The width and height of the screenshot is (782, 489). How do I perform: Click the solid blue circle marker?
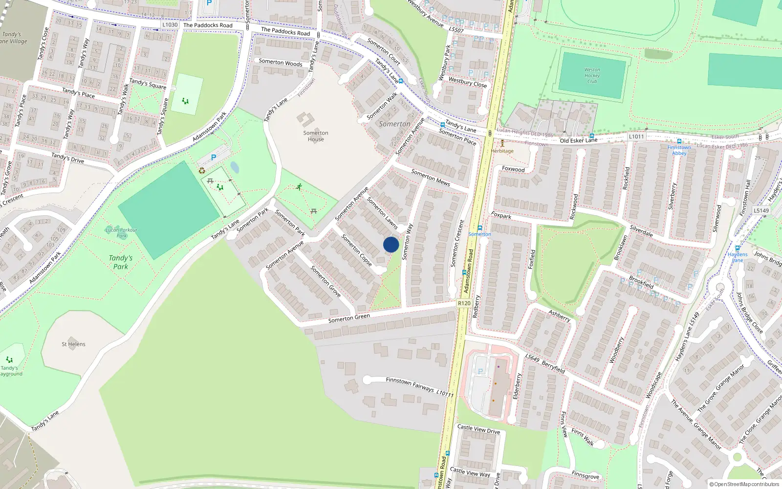[391, 244]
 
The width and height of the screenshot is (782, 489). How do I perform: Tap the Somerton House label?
[316, 136]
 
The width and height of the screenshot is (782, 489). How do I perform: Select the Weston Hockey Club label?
[592, 76]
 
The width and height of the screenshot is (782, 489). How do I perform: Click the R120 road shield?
[464, 303]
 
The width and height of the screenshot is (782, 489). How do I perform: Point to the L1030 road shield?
[170, 24]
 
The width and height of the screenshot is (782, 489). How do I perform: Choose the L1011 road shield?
[636, 136]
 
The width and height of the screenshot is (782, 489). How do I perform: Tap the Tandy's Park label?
[121, 262]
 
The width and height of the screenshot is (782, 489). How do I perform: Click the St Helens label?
[73, 344]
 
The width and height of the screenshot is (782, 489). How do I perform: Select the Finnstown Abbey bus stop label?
[679, 150]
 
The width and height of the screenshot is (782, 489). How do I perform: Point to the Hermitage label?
[502, 151]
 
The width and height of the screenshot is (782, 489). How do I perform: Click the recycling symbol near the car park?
[202, 170]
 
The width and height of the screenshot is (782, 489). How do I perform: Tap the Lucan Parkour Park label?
[121, 232]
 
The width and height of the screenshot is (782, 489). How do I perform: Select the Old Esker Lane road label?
[578, 140]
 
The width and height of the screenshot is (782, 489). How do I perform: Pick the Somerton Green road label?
[349, 318]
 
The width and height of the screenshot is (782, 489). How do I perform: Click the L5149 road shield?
[761, 210]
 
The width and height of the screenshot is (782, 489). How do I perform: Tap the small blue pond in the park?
[235, 168]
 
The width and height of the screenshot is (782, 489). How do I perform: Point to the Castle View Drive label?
[478, 429]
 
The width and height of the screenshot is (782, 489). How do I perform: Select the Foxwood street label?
[513, 169]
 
